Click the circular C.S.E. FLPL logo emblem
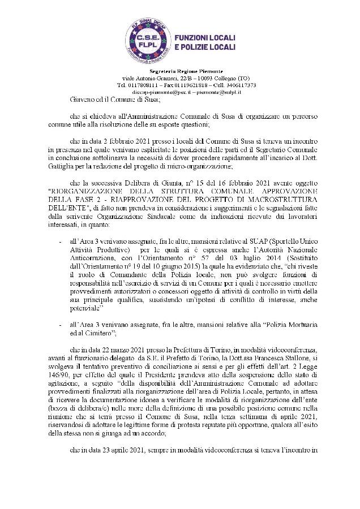[x=148, y=40]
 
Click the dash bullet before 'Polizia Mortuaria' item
[x=61, y=326]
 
